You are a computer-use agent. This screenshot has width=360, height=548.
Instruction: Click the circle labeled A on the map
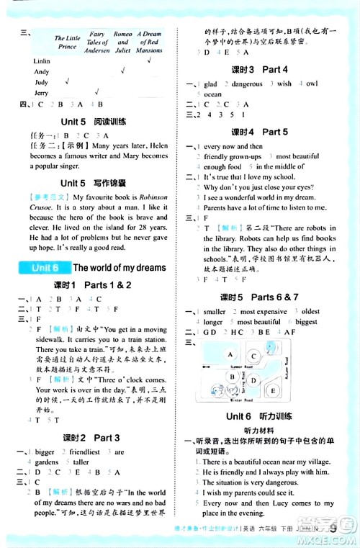pyautogui.click(x=230, y=356)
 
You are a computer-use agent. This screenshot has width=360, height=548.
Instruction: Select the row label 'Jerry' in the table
pyautogui.click(x=41, y=93)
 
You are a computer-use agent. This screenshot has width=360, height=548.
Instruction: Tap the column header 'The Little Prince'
pyautogui.click(x=68, y=42)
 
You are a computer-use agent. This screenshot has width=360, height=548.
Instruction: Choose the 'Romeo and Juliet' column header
pyautogui.click(x=123, y=42)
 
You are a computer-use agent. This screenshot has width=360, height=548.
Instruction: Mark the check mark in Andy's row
pyautogui.click(x=123, y=71)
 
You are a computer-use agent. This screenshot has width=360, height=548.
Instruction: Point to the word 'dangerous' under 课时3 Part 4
pyautogui.click(x=246, y=84)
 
